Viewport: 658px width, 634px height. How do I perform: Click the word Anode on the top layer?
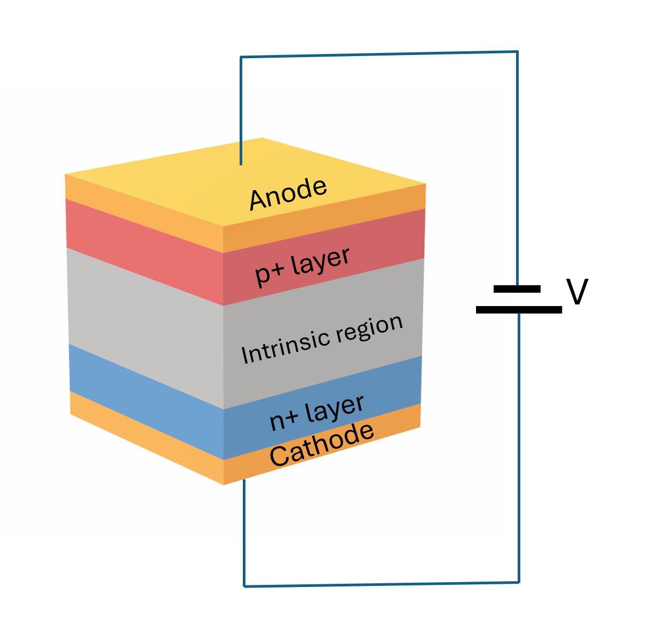(288, 193)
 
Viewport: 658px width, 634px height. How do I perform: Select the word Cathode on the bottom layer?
(321, 445)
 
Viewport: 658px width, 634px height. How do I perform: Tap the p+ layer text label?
(303, 265)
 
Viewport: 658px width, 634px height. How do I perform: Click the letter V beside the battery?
(577, 292)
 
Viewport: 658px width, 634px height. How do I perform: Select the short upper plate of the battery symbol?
(517, 289)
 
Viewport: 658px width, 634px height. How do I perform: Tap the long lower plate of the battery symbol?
(519, 309)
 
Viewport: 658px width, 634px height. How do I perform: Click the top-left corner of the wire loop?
(241, 57)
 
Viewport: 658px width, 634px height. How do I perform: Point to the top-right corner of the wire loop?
(517, 52)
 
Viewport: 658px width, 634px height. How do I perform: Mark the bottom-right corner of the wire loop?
(519, 582)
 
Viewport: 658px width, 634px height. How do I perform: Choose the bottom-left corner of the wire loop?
(244, 586)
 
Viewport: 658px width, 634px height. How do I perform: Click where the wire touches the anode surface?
(241, 164)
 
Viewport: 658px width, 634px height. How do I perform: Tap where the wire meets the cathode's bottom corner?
(244, 480)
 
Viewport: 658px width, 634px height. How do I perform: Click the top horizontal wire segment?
(379, 54)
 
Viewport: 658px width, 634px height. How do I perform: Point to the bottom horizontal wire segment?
(382, 584)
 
